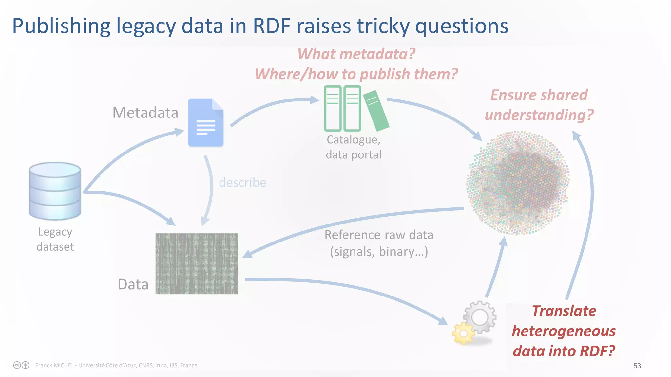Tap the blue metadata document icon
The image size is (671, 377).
click(x=205, y=123)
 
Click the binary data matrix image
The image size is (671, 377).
click(x=196, y=263)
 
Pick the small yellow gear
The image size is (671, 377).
click(x=463, y=333)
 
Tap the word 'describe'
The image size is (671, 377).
click(x=242, y=182)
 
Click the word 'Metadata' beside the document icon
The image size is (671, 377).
click(x=145, y=113)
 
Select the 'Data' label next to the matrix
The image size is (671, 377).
click(x=133, y=284)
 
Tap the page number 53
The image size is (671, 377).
click(x=637, y=366)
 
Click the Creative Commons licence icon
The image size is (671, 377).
click(x=17, y=365)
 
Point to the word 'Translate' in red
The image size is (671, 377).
click(x=564, y=311)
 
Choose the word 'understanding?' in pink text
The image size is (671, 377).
click(x=539, y=115)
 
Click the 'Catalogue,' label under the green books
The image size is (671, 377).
click(x=353, y=140)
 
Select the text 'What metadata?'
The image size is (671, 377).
click(x=356, y=54)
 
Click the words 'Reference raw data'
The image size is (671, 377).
click(x=379, y=235)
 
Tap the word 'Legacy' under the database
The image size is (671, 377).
click(x=55, y=232)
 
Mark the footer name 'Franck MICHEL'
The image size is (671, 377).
click(x=54, y=365)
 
